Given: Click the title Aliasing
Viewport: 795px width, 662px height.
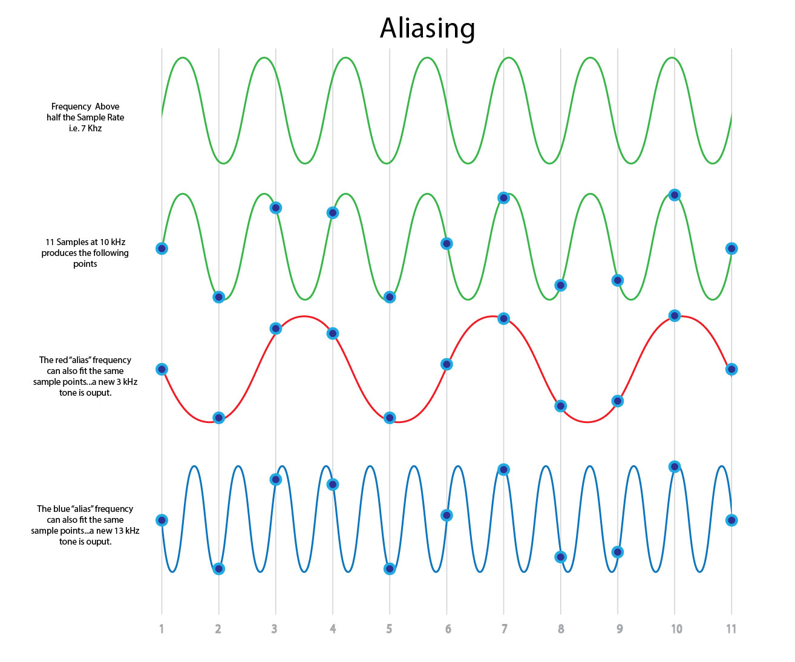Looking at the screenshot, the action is (x=427, y=28).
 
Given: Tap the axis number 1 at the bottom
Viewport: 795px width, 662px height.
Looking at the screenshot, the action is (x=162, y=629).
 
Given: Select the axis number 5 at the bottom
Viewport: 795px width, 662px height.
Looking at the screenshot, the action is (x=389, y=629).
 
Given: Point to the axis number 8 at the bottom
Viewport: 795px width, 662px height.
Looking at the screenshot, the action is (x=560, y=629).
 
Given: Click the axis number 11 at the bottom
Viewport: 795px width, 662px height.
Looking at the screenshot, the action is (x=731, y=629).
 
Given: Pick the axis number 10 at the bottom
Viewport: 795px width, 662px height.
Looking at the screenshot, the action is (x=676, y=629).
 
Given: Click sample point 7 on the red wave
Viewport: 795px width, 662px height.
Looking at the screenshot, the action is (x=503, y=318).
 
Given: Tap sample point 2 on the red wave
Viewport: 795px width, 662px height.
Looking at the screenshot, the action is (x=218, y=418).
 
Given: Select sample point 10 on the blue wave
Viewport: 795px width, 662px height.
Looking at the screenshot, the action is (x=675, y=467).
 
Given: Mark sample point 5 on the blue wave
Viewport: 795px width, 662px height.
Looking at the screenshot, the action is (x=389, y=569).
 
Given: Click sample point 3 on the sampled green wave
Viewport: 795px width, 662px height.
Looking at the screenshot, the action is (x=276, y=208).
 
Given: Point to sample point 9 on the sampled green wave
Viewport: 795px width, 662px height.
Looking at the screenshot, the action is (x=617, y=280).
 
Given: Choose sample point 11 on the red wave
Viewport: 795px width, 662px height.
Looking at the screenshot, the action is (x=731, y=369).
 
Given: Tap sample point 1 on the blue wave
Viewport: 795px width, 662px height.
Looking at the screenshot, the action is (x=162, y=520).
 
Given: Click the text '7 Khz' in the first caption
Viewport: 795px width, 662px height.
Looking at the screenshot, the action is (x=91, y=128).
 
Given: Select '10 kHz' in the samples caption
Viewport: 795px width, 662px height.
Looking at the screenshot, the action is (x=113, y=242).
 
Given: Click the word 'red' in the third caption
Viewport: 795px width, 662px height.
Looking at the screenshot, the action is (x=61, y=360).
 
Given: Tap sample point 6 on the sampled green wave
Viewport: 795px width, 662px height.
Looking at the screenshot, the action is (x=447, y=243).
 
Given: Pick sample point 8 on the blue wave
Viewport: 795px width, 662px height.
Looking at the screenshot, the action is (x=560, y=557).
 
